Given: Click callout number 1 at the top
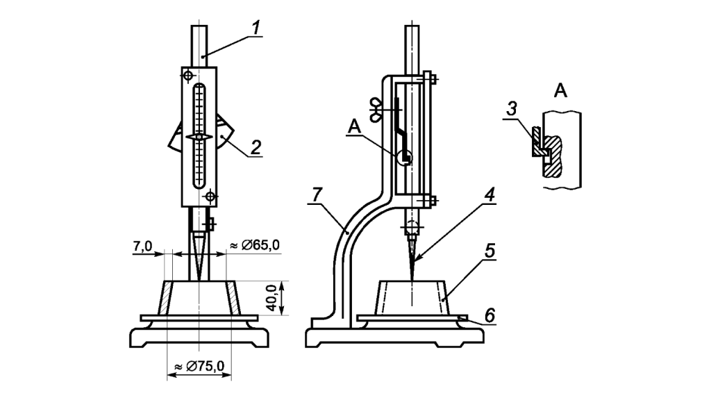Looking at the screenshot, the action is coord(256,27).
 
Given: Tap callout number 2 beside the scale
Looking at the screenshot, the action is coord(256,147).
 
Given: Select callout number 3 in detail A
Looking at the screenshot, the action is coord(512,109).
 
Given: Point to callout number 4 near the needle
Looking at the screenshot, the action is coord(490,195).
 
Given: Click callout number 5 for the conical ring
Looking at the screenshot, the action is coord(490,251).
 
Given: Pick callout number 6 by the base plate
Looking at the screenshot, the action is coord(490,315).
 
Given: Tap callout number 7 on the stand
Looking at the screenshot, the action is coord(317,195).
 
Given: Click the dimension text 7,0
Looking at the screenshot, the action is coord(142,247).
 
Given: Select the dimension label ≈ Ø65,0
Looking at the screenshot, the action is coord(255,245).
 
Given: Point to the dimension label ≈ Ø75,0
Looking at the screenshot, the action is coord(199,366).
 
